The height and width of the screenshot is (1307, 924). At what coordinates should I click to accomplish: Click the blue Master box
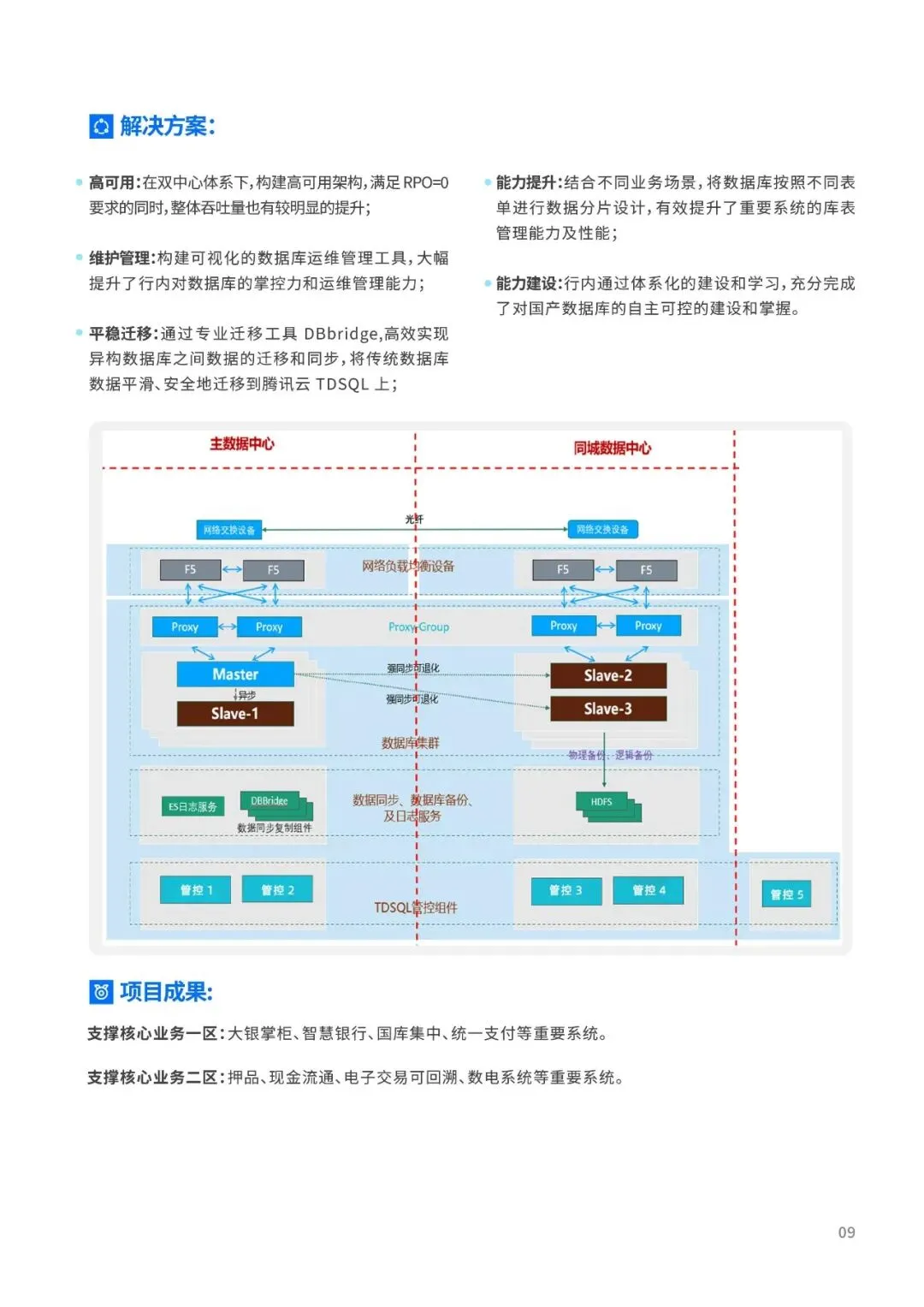[x=235, y=674]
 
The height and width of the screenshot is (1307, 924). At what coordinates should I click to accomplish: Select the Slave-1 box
[x=235, y=713]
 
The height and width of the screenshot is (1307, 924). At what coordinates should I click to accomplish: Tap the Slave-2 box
[x=607, y=675]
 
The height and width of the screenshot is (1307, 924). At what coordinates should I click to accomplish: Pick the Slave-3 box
[x=607, y=709]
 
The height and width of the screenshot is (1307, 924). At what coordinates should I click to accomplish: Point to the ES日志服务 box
[x=192, y=806]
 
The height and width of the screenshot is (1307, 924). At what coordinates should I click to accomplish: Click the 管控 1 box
[x=196, y=890]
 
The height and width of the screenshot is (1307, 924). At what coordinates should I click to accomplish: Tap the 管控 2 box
[x=277, y=890]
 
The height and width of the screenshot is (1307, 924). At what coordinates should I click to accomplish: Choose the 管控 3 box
[x=566, y=890]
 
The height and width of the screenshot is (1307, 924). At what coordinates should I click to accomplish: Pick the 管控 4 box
[x=649, y=890]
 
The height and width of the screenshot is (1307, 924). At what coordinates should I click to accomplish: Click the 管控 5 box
[x=786, y=894]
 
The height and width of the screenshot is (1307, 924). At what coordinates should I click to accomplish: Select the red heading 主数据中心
[x=242, y=443]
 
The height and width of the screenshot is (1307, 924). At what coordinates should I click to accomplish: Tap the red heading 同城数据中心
[x=612, y=448]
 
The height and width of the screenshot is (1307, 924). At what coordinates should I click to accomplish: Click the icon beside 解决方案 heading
[x=101, y=127]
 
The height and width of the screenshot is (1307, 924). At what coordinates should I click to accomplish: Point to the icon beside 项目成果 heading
[x=101, y=992]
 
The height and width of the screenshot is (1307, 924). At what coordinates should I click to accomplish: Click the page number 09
[x=846, y=1233]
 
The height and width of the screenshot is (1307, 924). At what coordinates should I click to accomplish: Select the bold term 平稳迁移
[x=121, y=334]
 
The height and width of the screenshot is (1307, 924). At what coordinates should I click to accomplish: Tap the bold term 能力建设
[x=528, y=283]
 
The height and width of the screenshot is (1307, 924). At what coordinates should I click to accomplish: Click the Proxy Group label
[x=418, y=627]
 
